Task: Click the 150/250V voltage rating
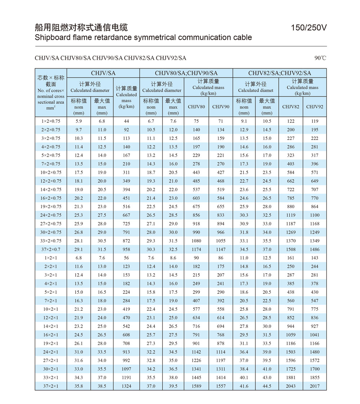(309, 28)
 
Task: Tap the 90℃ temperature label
(320, 58)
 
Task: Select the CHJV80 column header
(196, 107)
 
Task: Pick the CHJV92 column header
(315, 107)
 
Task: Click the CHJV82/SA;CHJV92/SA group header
(279, 73)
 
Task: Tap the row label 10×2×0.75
(51, 172)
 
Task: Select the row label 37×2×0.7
(51, 249)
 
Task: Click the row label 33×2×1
(51, 378)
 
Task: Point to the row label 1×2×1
(51, 258)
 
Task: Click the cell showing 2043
(291, 386)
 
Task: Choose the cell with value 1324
(126, 386)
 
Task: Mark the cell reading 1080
(196, 241)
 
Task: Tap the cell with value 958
(126, 249)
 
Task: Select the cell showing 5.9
(78, 121)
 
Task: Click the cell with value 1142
(196, 352)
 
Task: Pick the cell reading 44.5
(267, 386)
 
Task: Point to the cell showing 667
(126, 215)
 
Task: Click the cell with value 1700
(315, 369)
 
